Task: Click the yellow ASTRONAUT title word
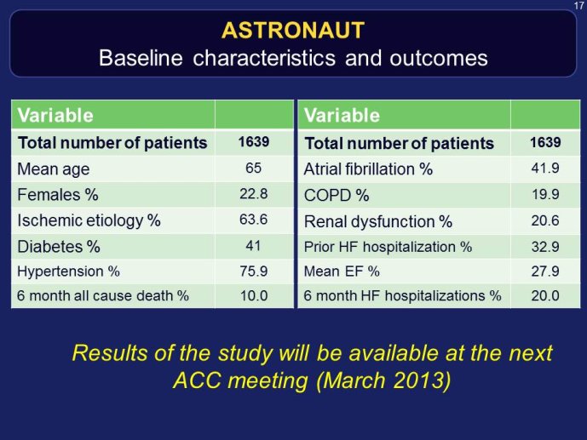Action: (293, 31)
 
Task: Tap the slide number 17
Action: (578, 6)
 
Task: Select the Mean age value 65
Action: (253, 168)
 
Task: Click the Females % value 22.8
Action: (253, 194)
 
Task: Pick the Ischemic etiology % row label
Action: (89, 220)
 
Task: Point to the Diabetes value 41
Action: (253, 246)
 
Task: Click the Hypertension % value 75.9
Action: (253, 271)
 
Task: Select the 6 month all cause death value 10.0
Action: (254, 295)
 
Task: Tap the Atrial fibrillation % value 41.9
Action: (545, 168)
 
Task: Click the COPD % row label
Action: (337, 195)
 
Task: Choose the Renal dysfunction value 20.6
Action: (545, 220)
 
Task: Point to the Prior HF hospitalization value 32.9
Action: (545, 247)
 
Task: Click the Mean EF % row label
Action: (342, 271)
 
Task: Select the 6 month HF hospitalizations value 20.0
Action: (545, 295)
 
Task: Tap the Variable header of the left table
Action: (55, 115)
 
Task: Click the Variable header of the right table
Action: (342, 115)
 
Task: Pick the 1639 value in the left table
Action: (254, 141)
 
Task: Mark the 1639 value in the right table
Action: (545, 142)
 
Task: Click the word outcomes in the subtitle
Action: (439, 59)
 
